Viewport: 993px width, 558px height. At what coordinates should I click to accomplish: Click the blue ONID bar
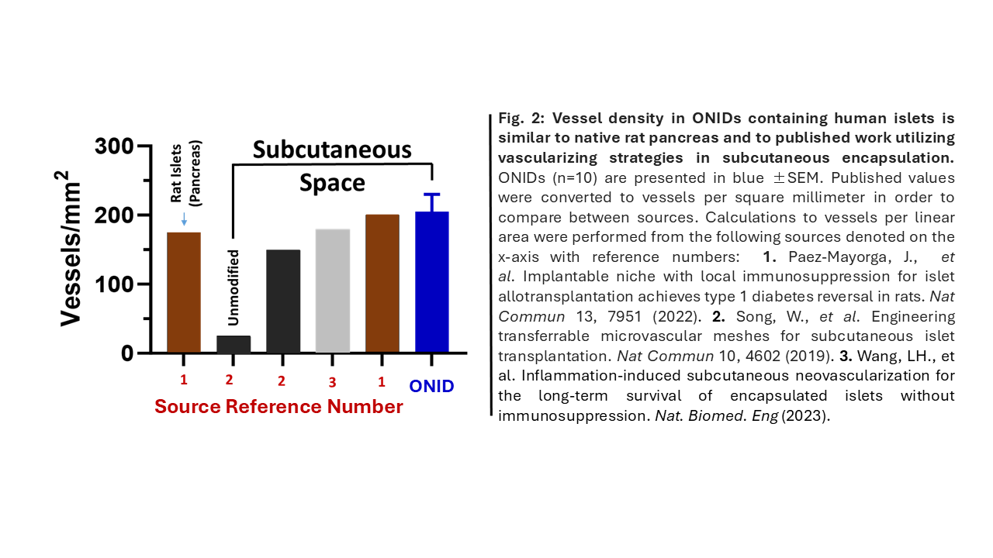[432, 282]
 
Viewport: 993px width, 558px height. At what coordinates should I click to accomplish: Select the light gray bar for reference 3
[333, 291]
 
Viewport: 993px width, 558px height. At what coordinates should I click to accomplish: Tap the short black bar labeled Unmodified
[234, 345]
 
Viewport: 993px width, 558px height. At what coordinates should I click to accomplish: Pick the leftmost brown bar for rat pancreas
[184, 292]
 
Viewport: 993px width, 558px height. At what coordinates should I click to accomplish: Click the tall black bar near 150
[283, 301]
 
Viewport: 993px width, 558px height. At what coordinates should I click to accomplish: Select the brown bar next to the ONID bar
[382, 284]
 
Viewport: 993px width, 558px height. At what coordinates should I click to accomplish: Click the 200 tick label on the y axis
[114, 215]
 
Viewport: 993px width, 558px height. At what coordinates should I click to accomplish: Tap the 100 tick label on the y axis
[114, 284]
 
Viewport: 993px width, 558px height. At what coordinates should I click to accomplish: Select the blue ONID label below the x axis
[432, 386]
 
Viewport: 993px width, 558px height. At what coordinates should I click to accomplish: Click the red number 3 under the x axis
[333, 382]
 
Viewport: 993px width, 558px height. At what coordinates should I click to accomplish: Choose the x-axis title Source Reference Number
[279, 407]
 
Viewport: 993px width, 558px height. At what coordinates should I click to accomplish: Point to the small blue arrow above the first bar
[184, 220]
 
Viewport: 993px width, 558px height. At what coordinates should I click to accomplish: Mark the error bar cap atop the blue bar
[432, 195]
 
